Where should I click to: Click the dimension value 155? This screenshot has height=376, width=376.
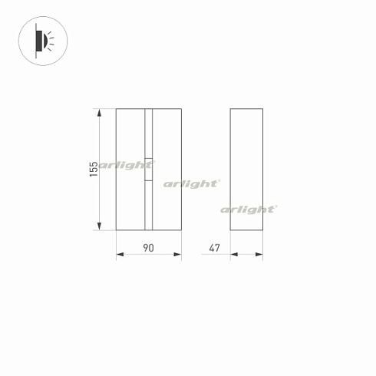(93, 169)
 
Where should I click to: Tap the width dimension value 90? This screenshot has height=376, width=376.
(149, 247)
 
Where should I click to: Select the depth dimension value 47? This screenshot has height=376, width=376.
(214, 247)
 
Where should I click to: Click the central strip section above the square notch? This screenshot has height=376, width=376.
(149, 132)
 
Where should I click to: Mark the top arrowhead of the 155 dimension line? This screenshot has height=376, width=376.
(99, 112)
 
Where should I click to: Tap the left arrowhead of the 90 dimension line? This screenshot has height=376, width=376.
(119, 256)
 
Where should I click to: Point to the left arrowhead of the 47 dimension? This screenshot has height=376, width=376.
(233, 256)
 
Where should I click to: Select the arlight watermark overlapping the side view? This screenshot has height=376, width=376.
(249, 209)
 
